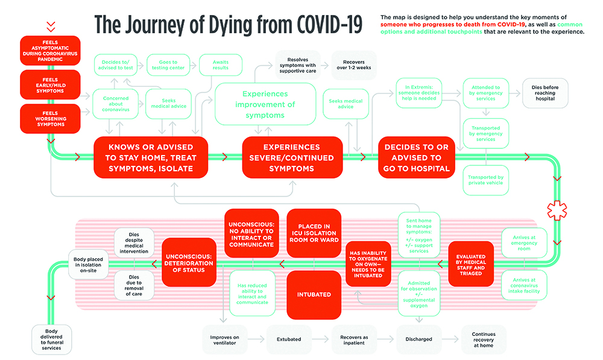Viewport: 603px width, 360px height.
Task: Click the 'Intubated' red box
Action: pos(314,295)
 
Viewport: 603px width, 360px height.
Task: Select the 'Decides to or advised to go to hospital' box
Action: pos(417,157)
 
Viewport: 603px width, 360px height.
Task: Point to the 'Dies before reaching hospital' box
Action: pos(545,92)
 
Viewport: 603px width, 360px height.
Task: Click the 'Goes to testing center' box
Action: pos(168,65)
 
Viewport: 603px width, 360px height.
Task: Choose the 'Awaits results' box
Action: pos(221,65)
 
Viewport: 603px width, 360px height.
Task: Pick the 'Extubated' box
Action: pos(288,339)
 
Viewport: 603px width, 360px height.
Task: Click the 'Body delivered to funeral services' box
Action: pos(52,339)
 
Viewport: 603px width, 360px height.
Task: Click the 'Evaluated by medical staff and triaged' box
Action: pos(471,264)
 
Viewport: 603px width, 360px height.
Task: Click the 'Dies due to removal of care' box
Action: pos(133,286)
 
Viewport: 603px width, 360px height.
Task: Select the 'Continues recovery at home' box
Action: pos(484,339)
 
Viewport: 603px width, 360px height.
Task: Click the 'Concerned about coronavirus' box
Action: pos(115,103)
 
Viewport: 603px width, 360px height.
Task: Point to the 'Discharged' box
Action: pos(418,339)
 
